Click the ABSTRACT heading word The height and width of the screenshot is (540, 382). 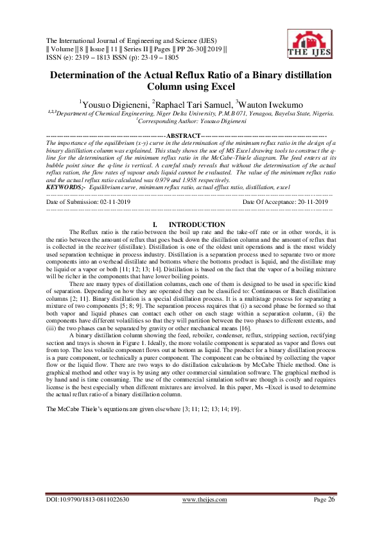click(183, 136)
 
